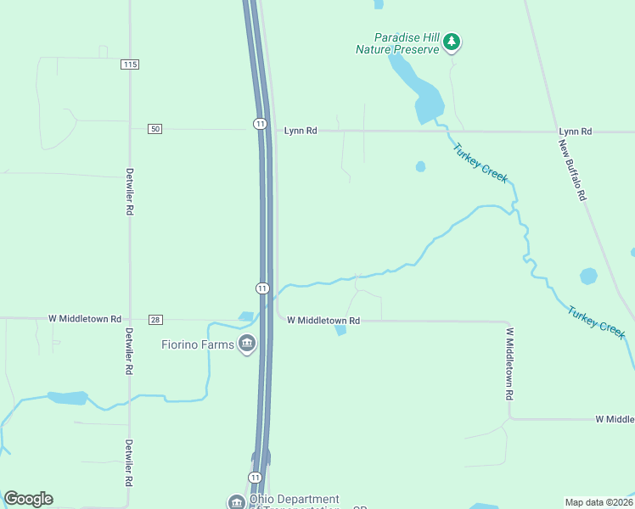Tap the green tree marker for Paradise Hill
click(452, 42)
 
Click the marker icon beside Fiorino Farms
click(247, 344)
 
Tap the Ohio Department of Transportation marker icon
click(235, 501)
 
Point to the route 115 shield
click(129, 64)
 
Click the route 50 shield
click(154, 128)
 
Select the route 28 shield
click(155, 319)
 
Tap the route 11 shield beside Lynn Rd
click(260, 124)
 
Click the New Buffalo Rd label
click(572, 169)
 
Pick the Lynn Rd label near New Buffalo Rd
click(575, 131)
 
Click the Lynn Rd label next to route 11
click(301, 131)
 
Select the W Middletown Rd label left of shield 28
click(84, 319)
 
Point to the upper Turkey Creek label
click(480, 164)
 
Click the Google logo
click(28, 499)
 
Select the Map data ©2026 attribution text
click(598, 501)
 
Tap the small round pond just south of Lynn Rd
click(420, 166)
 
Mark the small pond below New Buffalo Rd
click(588, 276)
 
